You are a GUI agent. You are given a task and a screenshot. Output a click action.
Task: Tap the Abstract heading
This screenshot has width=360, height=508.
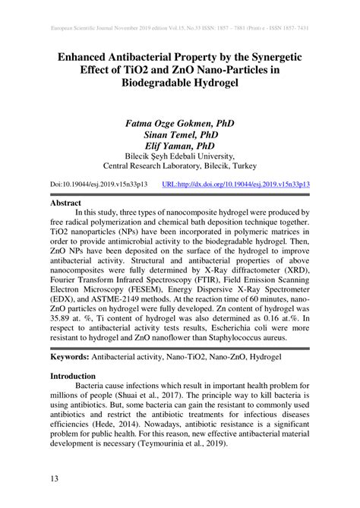[65, 204]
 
